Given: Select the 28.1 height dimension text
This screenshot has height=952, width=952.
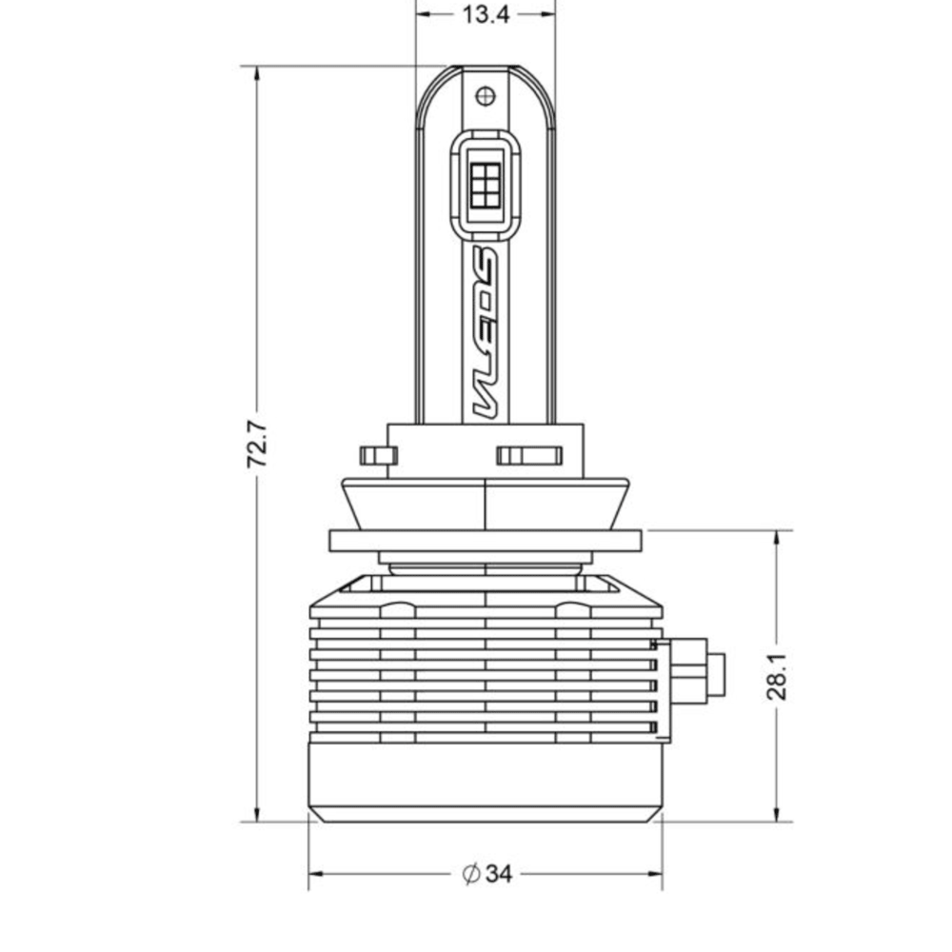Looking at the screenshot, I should click(x=778, y=677).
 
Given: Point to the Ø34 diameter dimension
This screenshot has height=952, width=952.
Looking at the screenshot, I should click(x=487, y=873).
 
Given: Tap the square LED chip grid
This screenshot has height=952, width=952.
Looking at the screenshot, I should click(x=486, y=181).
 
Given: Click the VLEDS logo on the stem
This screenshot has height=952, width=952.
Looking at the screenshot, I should click(x=486, y=333).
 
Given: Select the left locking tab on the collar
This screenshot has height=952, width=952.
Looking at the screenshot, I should click(x=378, y=455).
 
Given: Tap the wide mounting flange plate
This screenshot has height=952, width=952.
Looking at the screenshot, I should click(x=486, y=541).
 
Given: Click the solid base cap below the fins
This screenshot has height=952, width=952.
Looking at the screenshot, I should click(x=486, y=781).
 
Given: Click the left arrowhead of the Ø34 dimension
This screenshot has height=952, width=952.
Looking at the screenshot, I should click(x=317, y=873).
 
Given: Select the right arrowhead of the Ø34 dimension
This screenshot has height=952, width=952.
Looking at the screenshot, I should click(x=654, y=873).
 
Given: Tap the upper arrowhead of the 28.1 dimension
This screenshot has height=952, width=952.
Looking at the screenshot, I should click(x=778, y=539).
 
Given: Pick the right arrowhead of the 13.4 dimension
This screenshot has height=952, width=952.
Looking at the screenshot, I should click(x=547, y=14).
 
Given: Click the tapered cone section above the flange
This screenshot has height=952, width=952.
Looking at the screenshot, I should click(x=486, y=503).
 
